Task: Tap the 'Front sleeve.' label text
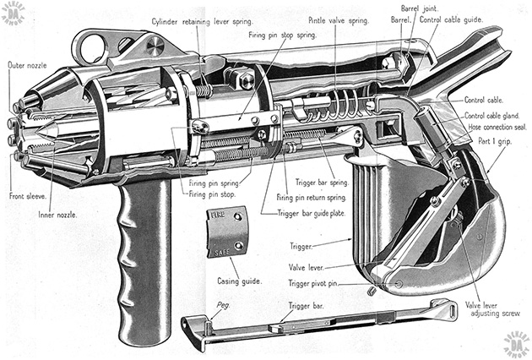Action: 27,196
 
